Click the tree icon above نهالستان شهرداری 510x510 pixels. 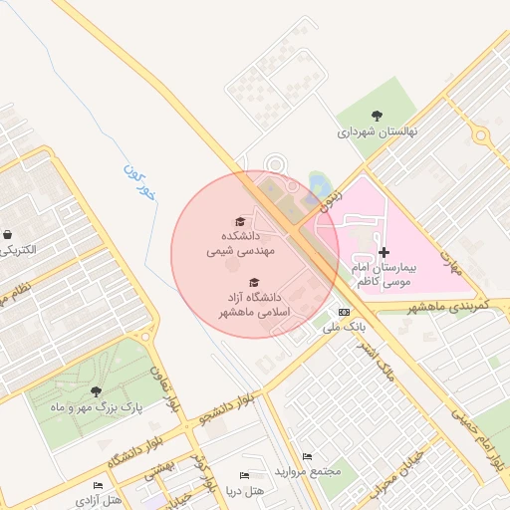(x=376, y=116)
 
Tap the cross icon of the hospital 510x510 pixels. (x=384, y=252)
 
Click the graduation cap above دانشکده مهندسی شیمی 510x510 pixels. (x=239, y=221)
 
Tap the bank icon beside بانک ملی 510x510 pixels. (x=345, y=312)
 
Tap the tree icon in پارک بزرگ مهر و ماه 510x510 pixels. (x=96, y=391)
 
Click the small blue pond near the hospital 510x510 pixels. (x=319, y=184)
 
